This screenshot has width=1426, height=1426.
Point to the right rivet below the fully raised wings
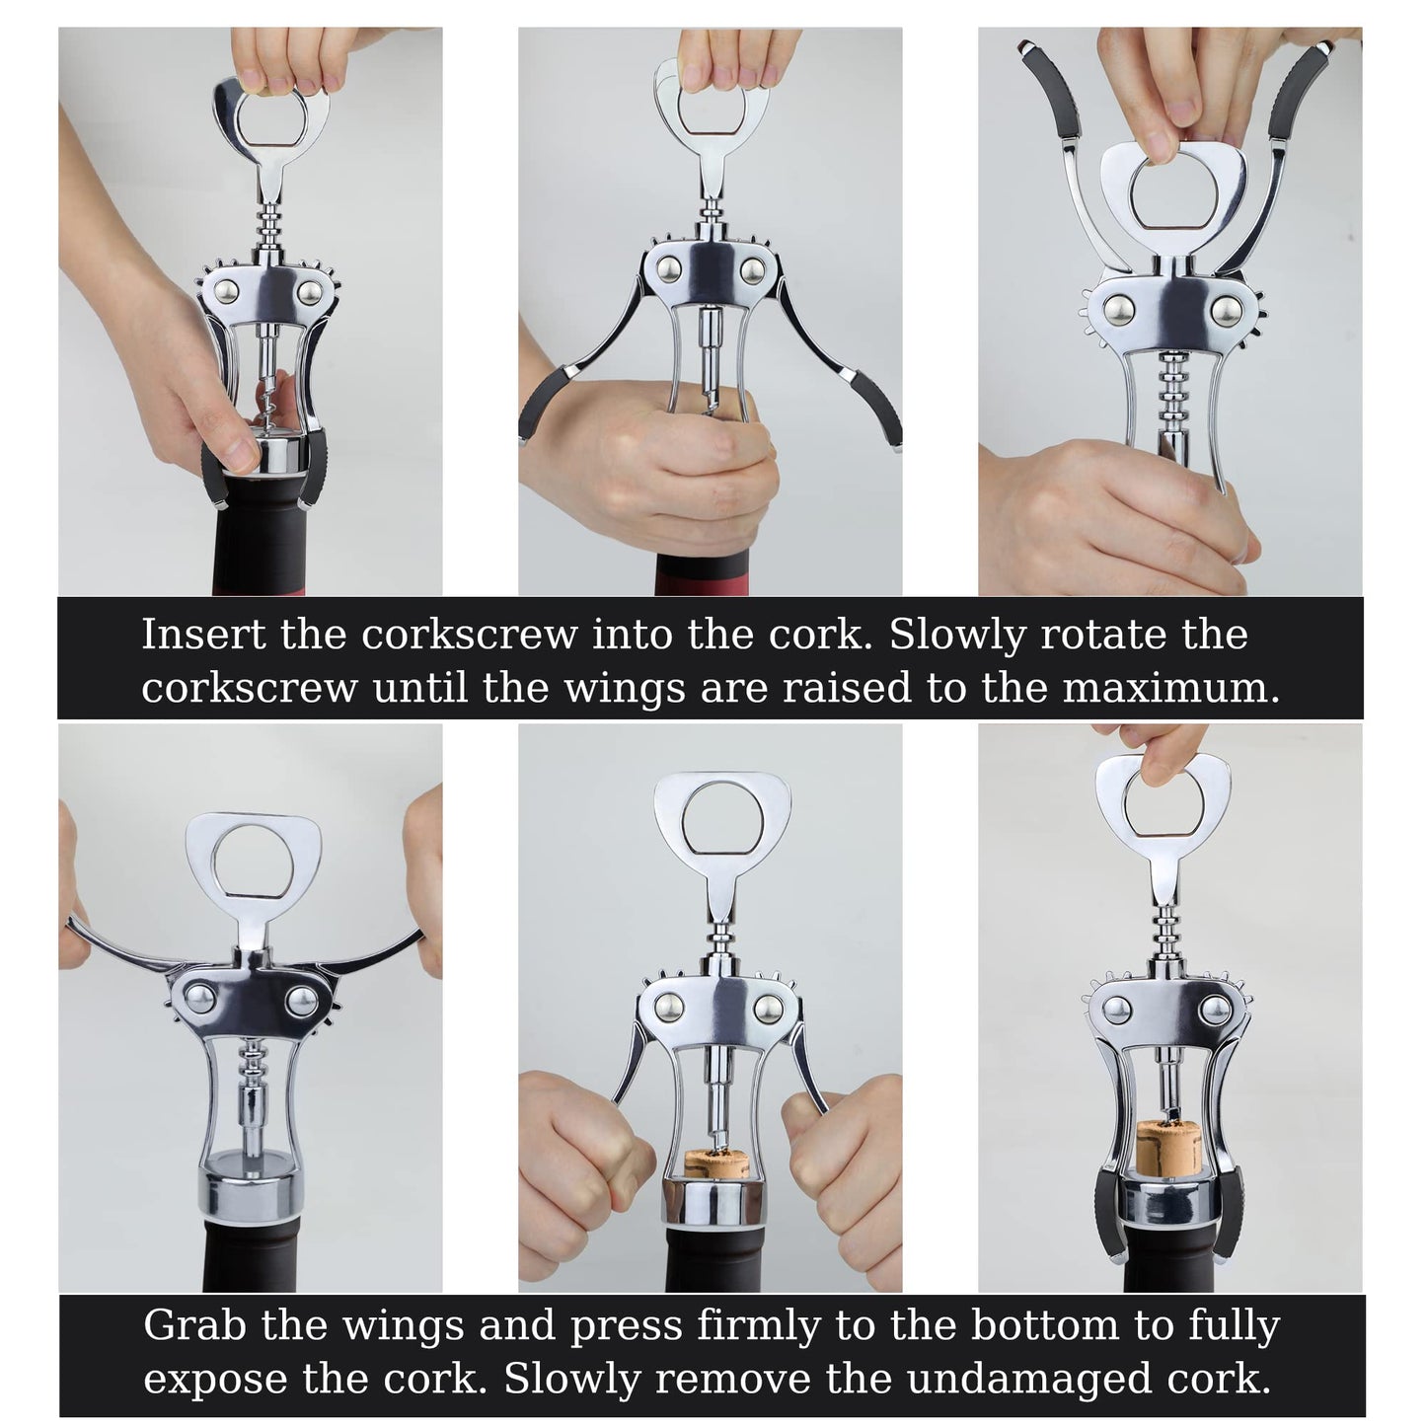click(1227, 311)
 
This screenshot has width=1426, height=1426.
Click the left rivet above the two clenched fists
click(669, 1008)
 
